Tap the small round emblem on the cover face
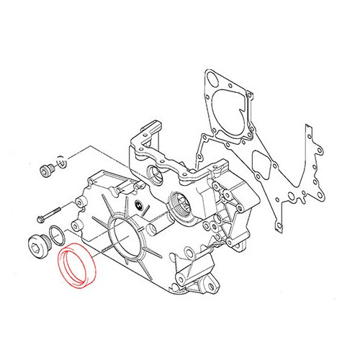point(137,207)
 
